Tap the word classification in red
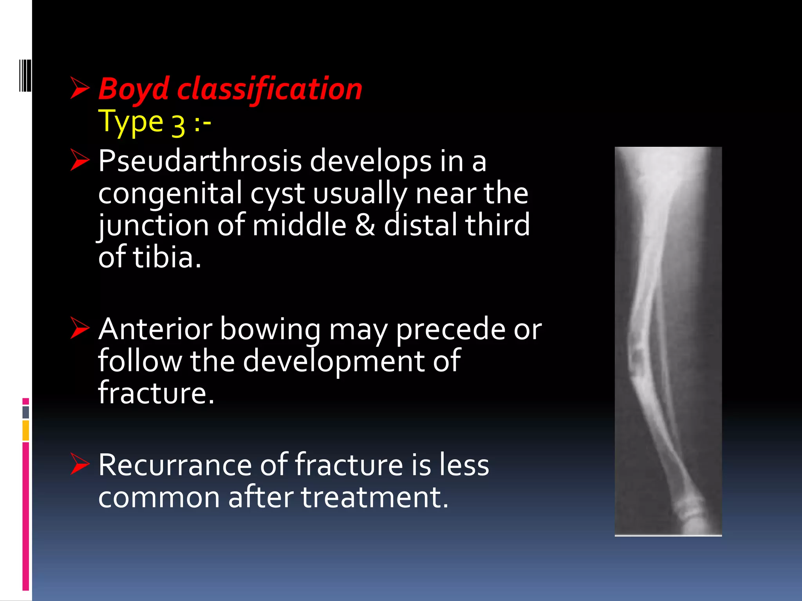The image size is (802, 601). (x=269, y=89)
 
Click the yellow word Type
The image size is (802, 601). (x=130, y=122)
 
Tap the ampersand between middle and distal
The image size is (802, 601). (x=365, y=226)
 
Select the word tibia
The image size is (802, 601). (x=167, y=258)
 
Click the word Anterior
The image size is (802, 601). (x=155, y=329)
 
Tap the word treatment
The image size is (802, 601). (x=374, y=497)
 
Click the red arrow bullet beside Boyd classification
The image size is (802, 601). (x=80, y=88)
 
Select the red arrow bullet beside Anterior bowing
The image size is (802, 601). (x=80, y=328)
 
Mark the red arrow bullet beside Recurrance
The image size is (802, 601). (x=80, y=464)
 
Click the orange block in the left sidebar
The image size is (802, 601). (x=26, y=430)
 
